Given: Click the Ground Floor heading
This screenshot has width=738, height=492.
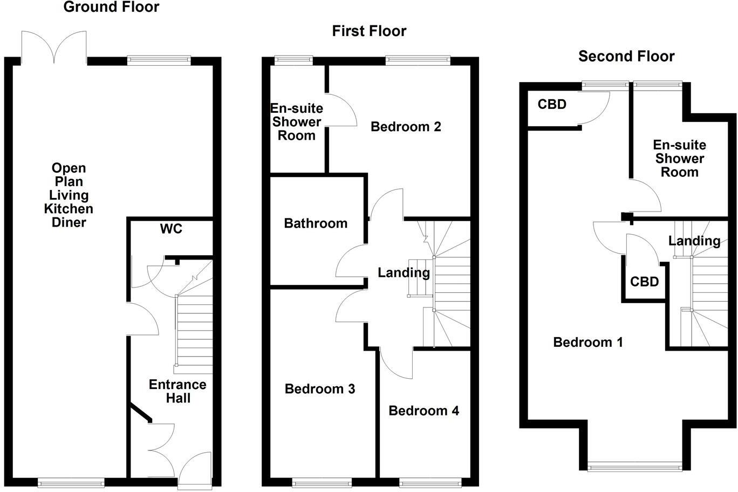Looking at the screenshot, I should (x=111, y=8).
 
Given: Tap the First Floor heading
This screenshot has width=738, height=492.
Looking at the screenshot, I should (x=369, y=31).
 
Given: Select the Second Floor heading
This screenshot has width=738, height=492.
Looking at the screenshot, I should (x=626, y=56).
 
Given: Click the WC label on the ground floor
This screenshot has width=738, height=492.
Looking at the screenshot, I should (x=171, y=229).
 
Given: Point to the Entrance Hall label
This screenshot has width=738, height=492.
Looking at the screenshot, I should (x=177, y=392).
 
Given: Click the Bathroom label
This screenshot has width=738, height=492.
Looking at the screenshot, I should (x=316, y=223).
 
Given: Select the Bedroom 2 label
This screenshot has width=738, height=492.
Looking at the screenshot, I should (x=406, y=127).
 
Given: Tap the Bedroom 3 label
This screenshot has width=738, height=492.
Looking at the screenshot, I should (x=320, y=389).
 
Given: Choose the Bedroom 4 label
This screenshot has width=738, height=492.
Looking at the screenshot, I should (x=423, y=411).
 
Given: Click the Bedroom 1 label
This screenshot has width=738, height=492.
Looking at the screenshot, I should (x=588, y=342).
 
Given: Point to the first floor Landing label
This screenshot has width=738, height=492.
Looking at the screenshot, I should (x=404, y=273).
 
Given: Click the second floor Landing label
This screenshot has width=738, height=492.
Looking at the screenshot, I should (x=694, y=241).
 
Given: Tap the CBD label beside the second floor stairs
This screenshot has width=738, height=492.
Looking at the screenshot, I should (x=644, y=282).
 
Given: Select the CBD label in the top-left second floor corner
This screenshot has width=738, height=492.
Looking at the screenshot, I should (x=552, y=105).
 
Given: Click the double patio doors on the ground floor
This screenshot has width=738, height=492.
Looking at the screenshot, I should (x=54, y=48).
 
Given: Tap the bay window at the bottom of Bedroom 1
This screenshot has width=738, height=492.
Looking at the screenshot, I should (x=633, y=467).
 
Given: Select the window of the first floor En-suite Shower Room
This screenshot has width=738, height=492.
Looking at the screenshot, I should (x=293, y=60).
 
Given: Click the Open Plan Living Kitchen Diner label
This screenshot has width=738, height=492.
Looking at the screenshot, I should (x=69, y=195).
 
